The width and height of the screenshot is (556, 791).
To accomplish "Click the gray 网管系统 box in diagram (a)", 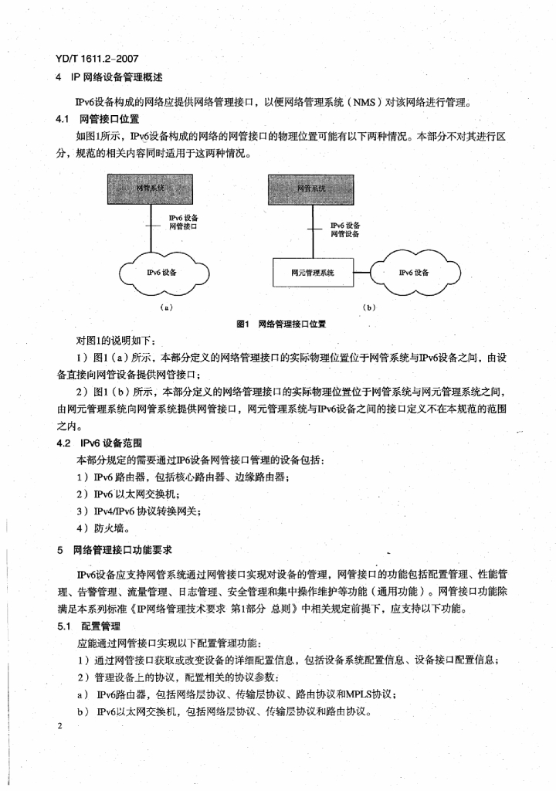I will [151, 188].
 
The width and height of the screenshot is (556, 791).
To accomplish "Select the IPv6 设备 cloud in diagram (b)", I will [415, 273].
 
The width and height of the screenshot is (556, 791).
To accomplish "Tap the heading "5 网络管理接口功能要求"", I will [115, 550].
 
